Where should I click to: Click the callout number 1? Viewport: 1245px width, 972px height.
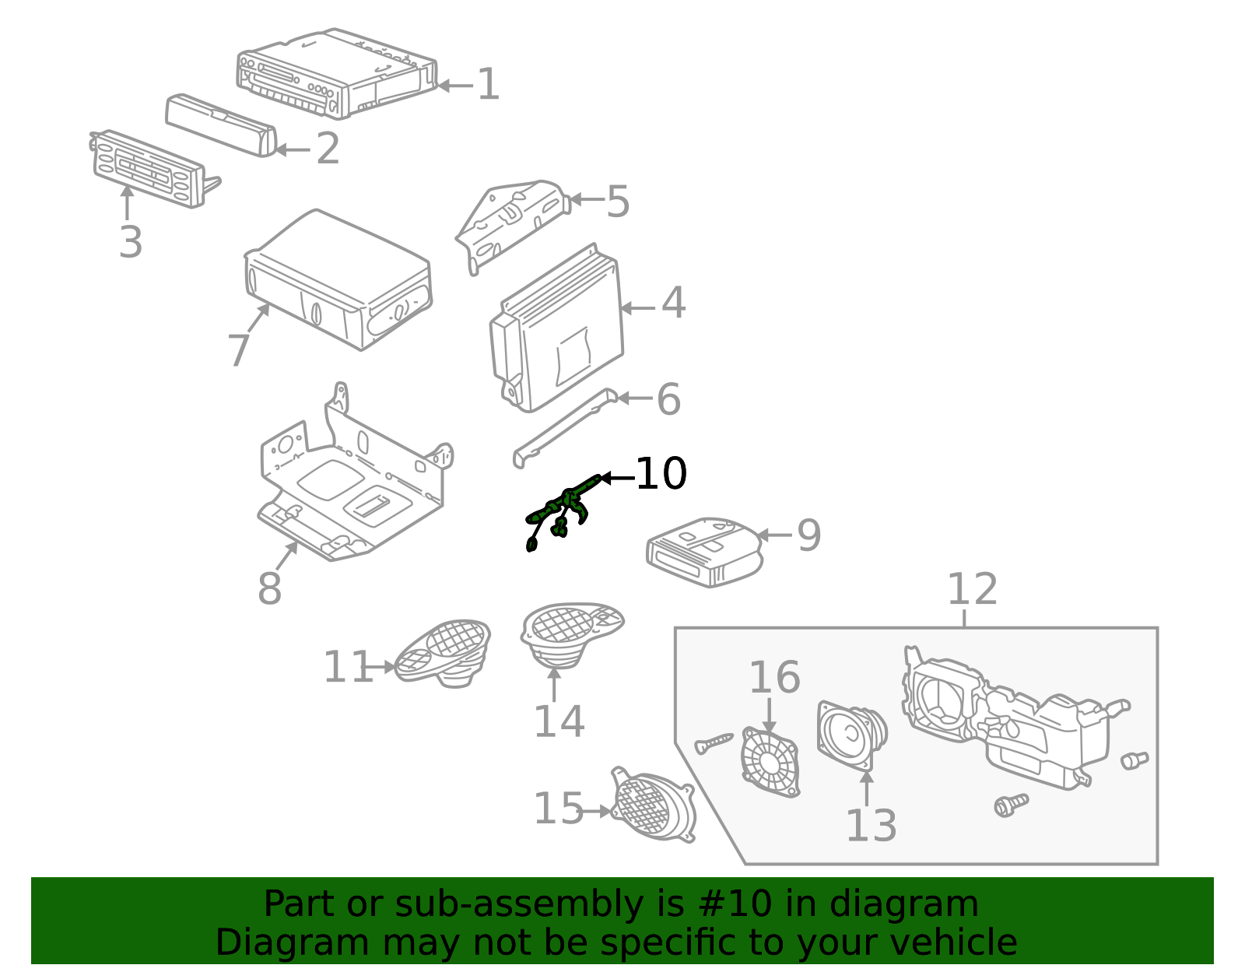[488, 84]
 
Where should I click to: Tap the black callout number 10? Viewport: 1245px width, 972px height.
[661, 473]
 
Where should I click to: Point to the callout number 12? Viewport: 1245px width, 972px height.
[973, 589]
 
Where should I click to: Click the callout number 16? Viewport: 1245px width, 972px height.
[774, 677]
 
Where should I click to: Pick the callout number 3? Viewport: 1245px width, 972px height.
[130, 242]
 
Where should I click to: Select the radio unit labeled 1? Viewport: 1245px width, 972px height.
[337, 72]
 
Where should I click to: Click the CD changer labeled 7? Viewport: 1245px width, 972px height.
[338, 279]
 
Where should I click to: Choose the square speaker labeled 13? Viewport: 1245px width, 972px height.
[852, 735]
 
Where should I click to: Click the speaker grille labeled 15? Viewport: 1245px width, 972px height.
[653, 805]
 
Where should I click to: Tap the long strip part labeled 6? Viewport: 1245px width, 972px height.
[564, 428]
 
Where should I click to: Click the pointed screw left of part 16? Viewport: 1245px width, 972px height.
[714, 743]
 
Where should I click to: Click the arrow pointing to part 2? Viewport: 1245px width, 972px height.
[293, 150]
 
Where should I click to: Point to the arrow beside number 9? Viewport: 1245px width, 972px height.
[774, 535]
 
